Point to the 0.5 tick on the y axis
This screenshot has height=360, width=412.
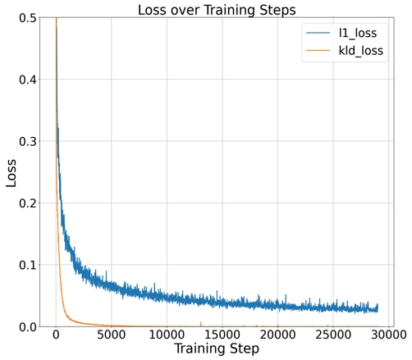click(x=26, y=17)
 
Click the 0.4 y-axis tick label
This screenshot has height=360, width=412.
click(x=26, y=80)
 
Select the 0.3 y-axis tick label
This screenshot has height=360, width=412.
click(x=26, y=141)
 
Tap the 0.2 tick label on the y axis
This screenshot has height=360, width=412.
click(x=26, y=203)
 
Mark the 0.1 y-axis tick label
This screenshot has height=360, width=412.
click(x=26, y=265)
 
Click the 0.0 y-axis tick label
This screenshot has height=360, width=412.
click(x=26, y=327)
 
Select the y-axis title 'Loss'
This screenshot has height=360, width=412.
click(x=11, y=173)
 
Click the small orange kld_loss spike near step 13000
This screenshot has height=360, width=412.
click(x=201, y=324)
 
